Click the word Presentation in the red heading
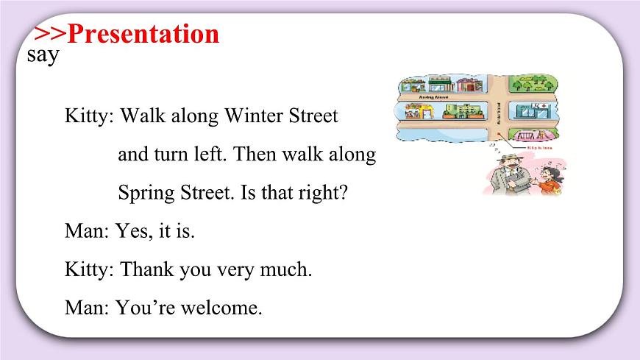(x=146, y=34)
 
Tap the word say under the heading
(x=42, y=56)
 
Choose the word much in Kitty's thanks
(x=288, y=269)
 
